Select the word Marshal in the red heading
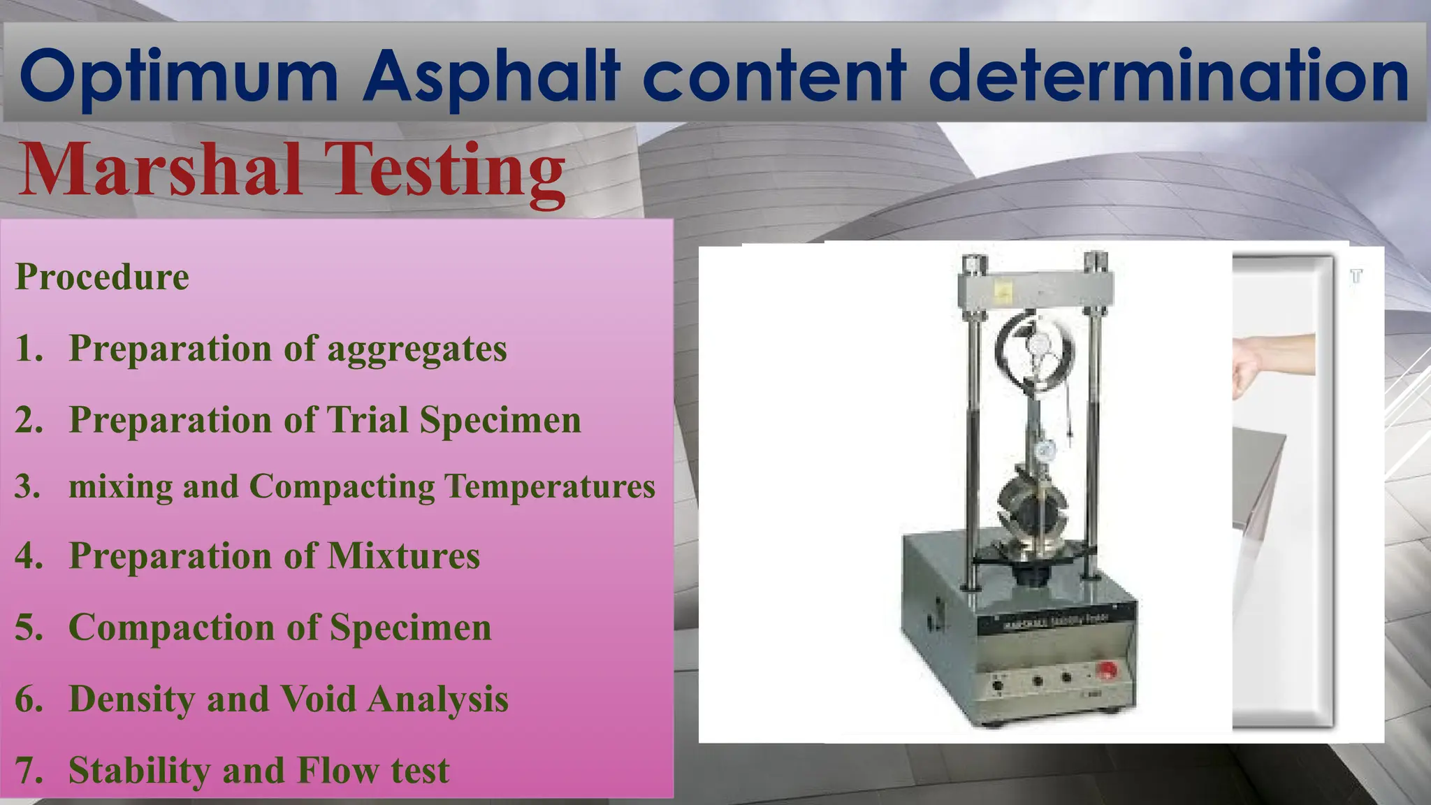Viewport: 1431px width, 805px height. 161,170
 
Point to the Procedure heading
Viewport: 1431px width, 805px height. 102,277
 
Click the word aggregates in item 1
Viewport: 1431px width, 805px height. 416,349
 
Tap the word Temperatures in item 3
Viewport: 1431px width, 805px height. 550,486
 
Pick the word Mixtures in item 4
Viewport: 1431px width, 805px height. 403,556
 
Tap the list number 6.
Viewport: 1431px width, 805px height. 29,699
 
